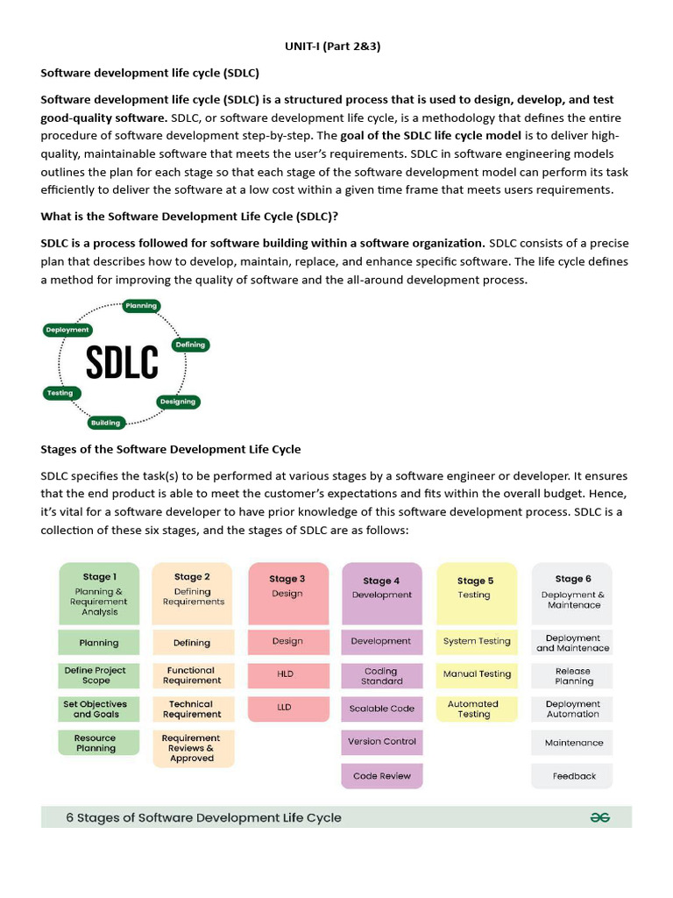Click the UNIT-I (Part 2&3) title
click(332, 46)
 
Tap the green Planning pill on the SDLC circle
click(140, 306)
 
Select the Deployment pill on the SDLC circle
click(67, 330)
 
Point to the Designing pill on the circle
click(178, 402)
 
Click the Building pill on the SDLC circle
click(105, 423)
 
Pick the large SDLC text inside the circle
click(122, 362)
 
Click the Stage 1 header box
click(99, 594)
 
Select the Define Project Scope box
click(99, 675)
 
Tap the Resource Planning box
click(99, 743)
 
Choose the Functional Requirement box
click(193, 675)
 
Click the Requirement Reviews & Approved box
click(193, 748)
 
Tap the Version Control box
click(382, 741)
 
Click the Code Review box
click(382, 776)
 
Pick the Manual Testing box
click(477, 674)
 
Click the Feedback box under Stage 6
click(572, 776)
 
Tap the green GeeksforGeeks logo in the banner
click(600, 817)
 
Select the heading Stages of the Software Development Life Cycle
click(171, 449)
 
